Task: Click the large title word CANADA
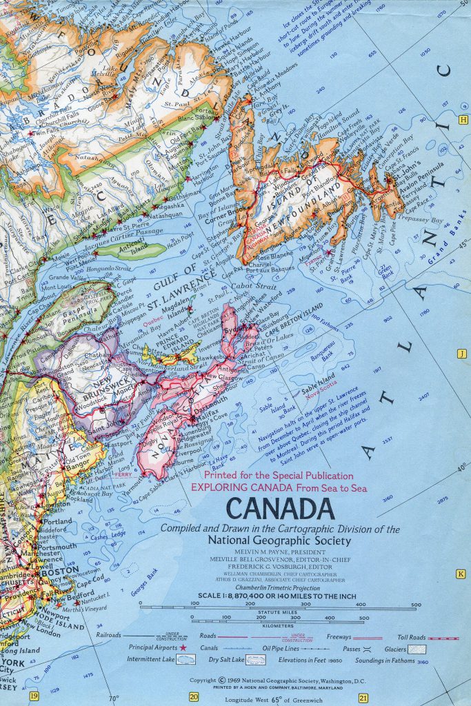[x=279, y=510]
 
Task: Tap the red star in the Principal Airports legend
[x=183, y=648]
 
